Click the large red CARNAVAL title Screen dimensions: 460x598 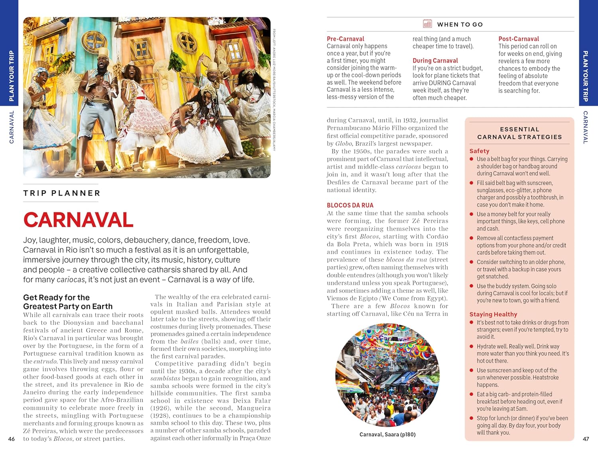pyautogui.click(x=78, y=220)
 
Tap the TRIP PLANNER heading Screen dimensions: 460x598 pyautogui.click(x=62, y=193)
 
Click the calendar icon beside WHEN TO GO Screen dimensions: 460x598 pyautogui.click(x=427, y=24)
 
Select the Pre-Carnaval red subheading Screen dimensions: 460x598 pyautogui.click(x=345, y=39)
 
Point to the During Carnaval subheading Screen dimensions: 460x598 pyautogui.click(x=435, y=61)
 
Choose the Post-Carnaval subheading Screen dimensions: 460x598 pyautogui.click(x=518, y=39)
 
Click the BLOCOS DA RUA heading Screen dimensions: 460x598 pyautogui.click(x=350, y=205)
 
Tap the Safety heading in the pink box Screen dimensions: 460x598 pyautogui.click(x=479, y=151)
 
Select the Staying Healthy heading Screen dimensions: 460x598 pyautogui.click(x=493, y=314)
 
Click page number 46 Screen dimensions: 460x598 pyautogui.click(x=12, y=439)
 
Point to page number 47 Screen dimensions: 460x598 pyautogui.click(x=586, y=439)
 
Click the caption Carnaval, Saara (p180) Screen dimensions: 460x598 pyautogui.click(x=387, y=434)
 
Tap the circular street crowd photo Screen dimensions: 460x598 pyautogui.click(x=387, y=375)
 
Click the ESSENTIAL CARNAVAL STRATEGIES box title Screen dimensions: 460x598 pyautogui.click(x=519, y=133)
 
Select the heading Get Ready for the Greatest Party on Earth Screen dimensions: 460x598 pyautogui.click(x=68, y=302)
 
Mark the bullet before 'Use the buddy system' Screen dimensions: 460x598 pyautogui.click(x=472, y=286)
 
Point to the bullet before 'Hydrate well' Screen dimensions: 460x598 pyautogui.click(x=472, y=346)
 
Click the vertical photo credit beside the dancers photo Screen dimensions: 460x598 pyautogui.click(x=274, y=90)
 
